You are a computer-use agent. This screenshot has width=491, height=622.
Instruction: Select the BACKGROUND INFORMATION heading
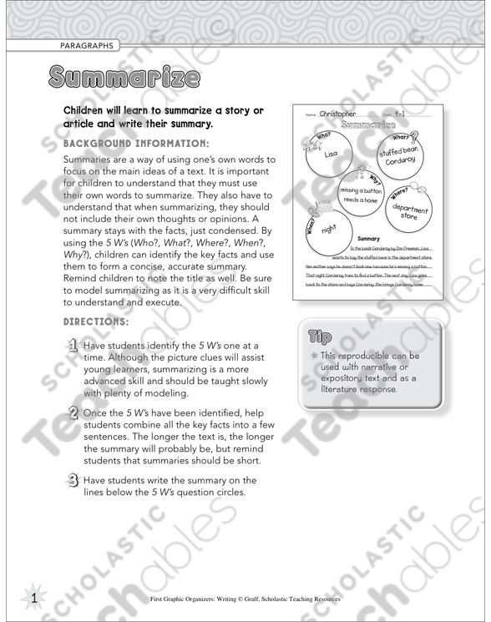[135, 143]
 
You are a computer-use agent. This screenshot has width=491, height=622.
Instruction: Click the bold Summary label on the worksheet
[368, 238]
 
